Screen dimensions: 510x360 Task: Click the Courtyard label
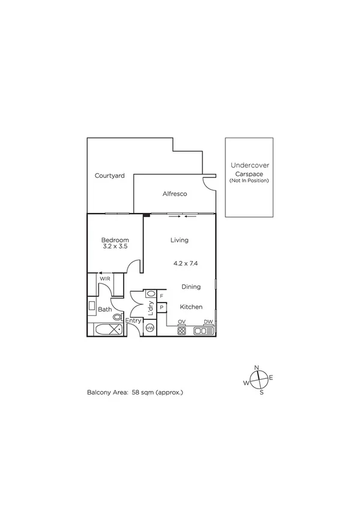109,176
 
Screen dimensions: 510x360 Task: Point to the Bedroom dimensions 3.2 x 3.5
114,247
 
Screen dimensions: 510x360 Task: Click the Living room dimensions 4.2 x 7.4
186,263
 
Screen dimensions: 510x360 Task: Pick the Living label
179,240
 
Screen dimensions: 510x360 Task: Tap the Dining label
191,287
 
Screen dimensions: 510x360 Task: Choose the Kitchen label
191,307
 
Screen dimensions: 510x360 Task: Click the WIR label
105,280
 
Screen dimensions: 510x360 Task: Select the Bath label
105,310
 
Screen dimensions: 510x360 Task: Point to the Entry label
133,321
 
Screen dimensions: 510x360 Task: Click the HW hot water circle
150,328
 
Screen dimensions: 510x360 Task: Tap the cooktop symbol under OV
182,330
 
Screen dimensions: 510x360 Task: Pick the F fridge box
162,296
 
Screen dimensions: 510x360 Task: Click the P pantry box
162,307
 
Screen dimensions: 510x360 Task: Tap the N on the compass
257,367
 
